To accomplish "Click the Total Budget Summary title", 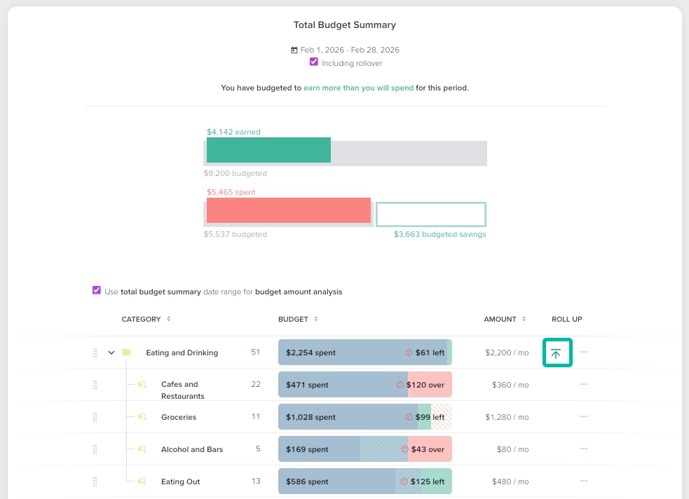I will [x=344, y=25].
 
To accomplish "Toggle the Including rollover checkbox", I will [x=314, y=62].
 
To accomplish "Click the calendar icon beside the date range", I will [x=294, y=50].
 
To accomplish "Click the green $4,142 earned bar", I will [x=268, y=150].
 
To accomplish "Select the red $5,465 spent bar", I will [x=288, y=210].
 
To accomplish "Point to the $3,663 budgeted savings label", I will [x=439, y=235].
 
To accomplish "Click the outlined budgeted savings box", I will [x=430, y=214].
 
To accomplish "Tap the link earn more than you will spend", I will [x=358, y=88].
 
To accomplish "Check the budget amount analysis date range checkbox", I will [x=97, y=291].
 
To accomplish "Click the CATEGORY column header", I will [x=142, y=320].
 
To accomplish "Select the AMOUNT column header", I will [x=500, y=320].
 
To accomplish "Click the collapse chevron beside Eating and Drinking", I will [x=111, y=353].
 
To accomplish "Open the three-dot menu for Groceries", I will [x=584, y=417].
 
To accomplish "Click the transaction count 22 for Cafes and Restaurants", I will [x=256, y=385].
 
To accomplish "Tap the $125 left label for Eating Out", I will [x=428, y=481].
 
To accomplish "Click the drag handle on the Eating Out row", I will [x=95, y=481].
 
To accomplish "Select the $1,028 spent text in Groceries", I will [x=311, y=417].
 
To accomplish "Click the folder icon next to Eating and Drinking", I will [x=126, y=353].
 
